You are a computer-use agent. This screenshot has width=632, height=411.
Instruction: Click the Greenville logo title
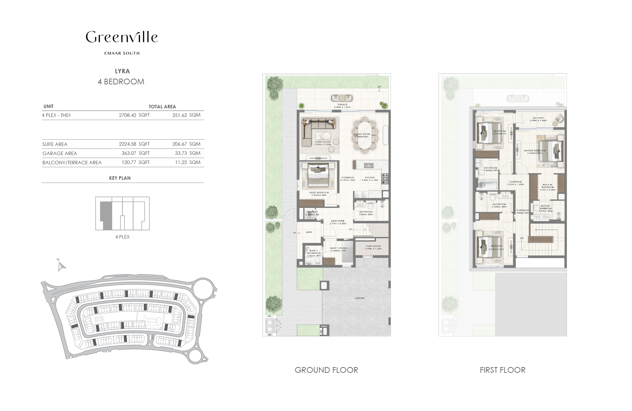(x=122, y=37)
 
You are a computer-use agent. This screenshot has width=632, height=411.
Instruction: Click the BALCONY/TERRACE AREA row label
(x=72, y=163)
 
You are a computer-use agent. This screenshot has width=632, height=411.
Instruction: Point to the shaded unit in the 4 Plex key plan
(x=106, y=216)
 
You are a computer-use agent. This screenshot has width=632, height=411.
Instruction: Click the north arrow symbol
(x=61, y=266)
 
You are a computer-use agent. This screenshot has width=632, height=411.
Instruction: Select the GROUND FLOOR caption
(x=326, y=370)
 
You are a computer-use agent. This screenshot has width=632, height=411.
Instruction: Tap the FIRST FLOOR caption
(x=502, y=370)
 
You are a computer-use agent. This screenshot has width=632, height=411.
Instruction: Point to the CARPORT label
(x=359, y=298)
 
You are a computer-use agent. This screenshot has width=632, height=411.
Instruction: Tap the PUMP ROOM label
(x=373, y=246)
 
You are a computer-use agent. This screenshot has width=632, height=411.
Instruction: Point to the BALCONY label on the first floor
(x=538, y=118)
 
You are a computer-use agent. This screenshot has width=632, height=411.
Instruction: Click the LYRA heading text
(x=122, y=71)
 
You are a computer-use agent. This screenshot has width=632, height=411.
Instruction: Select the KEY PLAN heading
(x=120, y=178)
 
